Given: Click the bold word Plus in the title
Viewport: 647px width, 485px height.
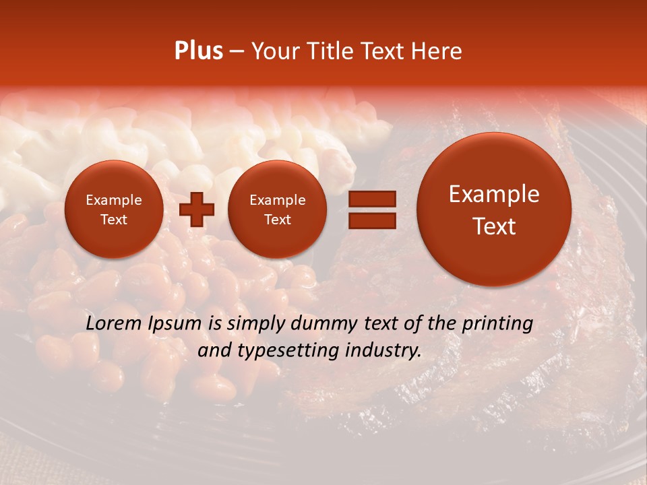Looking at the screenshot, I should click(x=198, y=51).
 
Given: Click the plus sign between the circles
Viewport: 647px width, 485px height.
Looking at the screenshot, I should click(x=197, y=209).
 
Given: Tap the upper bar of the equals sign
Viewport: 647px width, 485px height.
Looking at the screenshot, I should click(x=371, y=199).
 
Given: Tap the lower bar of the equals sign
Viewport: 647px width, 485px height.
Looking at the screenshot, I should click(x=371, y=220).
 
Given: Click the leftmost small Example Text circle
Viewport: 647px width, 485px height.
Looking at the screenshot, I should click(x=114, y=209).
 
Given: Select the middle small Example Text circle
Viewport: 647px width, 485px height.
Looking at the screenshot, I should click(x=278, y=209).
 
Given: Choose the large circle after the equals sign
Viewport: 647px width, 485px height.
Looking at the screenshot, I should click(x=494, y=209).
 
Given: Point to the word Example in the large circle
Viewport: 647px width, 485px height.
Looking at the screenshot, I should click(x=494, y=194).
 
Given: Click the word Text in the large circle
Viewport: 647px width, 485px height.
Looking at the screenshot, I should click(x=494, y=226).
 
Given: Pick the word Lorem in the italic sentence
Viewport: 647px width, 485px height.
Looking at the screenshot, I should click(x=114, y=323).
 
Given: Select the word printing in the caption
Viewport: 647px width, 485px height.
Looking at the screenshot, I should click(x=497, y=324).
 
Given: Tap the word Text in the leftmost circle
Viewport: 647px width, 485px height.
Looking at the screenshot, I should click(x=114, y=220).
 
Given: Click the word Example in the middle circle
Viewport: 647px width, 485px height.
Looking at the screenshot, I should click(x=278, y=200).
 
